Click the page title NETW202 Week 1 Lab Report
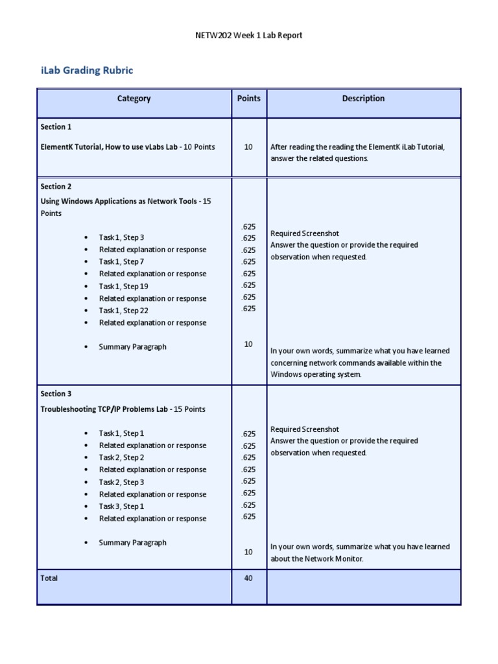(x=249, y=35)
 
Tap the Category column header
(x=134, y=99)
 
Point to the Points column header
(x=248, y=99)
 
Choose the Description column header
(x=363, y=99)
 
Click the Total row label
(x=49, y=578)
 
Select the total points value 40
(x=248, y=578)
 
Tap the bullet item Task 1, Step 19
(x=123, y=286)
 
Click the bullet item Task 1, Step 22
(x=123, y=311)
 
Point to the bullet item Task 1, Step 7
(x=121, y=261)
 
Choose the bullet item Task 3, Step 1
(x=121, y=506)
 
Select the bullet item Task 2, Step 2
(x=121, y=458)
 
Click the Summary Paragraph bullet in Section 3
(x=132, y=543)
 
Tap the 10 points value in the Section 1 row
(x=248, y=147)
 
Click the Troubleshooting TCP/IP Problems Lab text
(x=104, y=409)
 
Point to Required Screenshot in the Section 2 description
(x=304, y=233)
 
